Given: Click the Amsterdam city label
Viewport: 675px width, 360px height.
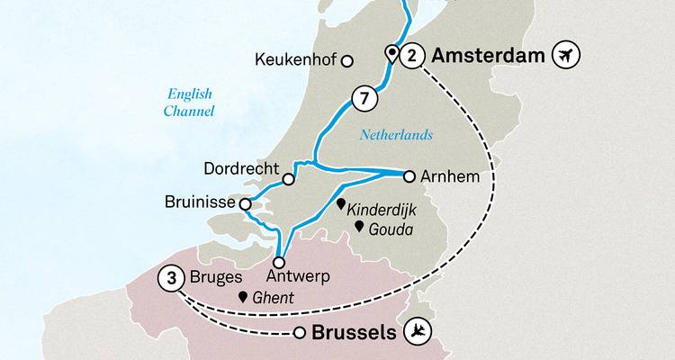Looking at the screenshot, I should coord(489,56).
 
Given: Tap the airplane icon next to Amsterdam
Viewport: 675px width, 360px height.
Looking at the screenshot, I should coord(568,56).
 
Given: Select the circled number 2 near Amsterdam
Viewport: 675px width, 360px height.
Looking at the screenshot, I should coord(411,56).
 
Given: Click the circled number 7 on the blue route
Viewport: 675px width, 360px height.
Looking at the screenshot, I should coord(362,99).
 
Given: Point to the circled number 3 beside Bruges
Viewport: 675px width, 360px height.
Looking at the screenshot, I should coord(170,279).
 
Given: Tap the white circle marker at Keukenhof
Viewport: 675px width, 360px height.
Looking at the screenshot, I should coord(348,62).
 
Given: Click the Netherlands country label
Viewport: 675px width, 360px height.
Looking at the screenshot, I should coord(396,135).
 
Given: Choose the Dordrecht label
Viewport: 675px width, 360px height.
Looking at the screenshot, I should coord(241,167).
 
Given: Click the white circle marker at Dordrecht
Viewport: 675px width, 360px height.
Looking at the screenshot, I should coord(289,179).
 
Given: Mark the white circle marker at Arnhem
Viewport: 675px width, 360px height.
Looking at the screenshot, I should coord(409,175).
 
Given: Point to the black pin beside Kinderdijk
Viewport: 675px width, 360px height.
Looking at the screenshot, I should coord(341,204).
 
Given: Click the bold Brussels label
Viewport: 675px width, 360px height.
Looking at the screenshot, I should coord(353,333).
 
